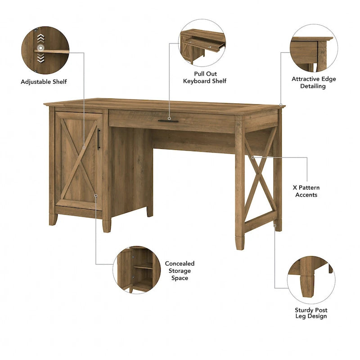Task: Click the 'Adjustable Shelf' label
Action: [x=44, y=81]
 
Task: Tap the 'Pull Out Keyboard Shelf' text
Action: [x=204, y=77]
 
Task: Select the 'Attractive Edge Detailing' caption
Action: [x=314, y=82]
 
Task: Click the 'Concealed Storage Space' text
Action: [x=180, y=271]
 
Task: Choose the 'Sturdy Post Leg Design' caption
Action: [x=311, y=313]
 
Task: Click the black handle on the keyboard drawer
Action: [x=168, y=121]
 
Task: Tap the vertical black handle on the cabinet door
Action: [x=99, y=139]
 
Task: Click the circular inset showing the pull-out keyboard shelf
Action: [x=203, y=43]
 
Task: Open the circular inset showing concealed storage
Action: [x=136, y=270]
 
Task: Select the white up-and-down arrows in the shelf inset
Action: [x=40, y=47]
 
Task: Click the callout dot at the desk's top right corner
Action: [x=281, y=105]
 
